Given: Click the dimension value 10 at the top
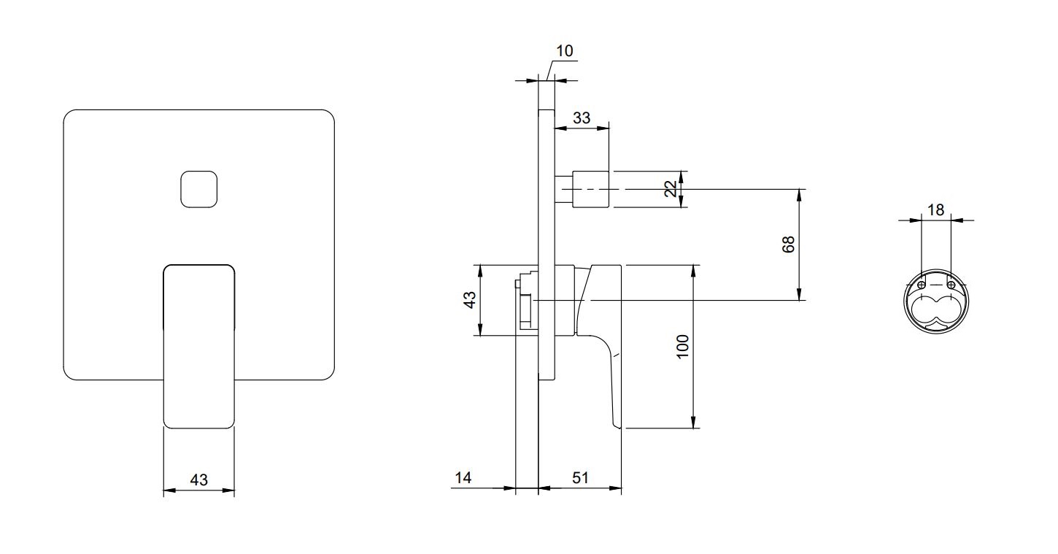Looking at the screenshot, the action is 565,50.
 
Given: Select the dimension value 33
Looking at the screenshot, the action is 582,118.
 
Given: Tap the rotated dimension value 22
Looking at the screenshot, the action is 671,189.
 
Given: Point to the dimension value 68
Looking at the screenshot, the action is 788,245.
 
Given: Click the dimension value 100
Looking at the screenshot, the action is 683,347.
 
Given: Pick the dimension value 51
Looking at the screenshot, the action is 581,478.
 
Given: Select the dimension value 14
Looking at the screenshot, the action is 463,478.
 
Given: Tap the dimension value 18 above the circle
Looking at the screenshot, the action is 935,209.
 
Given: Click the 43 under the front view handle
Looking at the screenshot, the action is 199,480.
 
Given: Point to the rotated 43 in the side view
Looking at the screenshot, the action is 470,300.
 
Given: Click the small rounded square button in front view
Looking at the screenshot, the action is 199,189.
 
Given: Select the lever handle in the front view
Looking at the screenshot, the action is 199,347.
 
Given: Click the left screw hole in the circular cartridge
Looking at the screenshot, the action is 921,285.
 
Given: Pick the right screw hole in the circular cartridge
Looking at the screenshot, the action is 951,285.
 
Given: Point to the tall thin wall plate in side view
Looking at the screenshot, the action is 547,245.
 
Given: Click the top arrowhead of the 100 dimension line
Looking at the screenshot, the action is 693,271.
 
